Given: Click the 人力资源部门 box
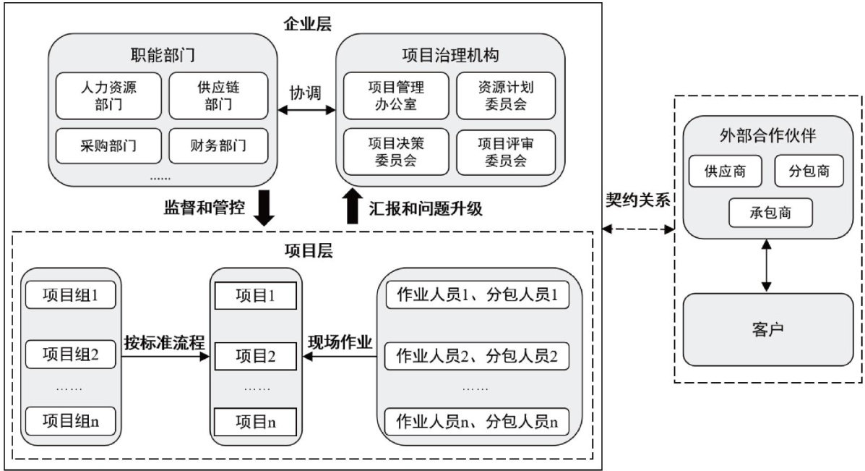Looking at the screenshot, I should (108, 96).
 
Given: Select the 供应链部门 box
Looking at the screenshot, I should (218, 96).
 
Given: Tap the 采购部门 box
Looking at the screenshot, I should (108, 146).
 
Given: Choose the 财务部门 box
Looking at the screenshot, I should (218, 146).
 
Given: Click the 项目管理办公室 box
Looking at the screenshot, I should (395, 96).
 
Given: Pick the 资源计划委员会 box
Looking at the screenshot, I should (506, 96).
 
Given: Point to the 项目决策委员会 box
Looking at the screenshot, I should (395, 151).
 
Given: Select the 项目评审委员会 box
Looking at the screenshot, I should (506, 151).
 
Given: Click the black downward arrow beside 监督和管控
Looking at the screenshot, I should (264, 208).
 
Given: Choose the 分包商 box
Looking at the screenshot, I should (809, 172).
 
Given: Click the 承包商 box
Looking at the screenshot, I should (770, 213).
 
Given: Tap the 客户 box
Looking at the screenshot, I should (768, 329).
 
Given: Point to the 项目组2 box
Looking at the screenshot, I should (70, 355).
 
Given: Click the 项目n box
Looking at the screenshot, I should (255, 422).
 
